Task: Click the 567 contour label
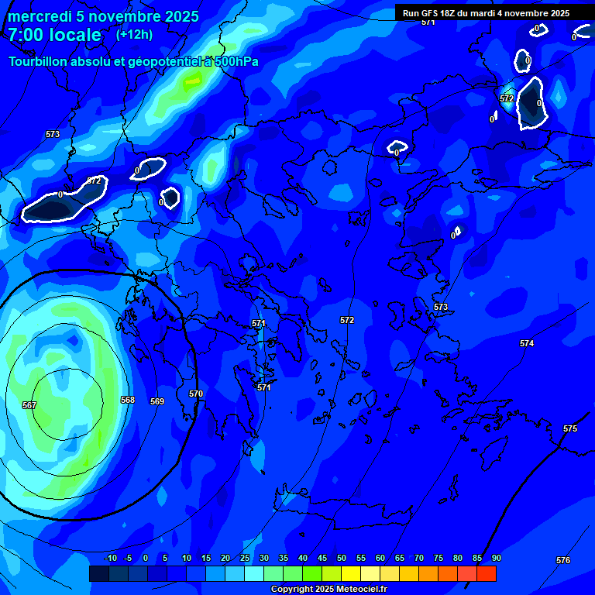click(29, 405)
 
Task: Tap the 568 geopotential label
click(128, 400)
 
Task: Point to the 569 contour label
click(157, 401)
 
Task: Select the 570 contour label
click(196, 394)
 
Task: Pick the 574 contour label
click(527, 343)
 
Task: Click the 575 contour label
click(570, 428)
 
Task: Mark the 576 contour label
click(563, 560)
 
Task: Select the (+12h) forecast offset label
click(134, 34)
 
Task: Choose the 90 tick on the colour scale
click(496, 558)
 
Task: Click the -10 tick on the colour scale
click(110, 558)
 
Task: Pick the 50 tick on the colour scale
click(342, 558)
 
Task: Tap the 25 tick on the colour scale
click(245, 558)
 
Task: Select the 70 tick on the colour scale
click(419, 558)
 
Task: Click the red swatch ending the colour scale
click(487, 573)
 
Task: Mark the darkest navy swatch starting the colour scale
click(98, 573)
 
